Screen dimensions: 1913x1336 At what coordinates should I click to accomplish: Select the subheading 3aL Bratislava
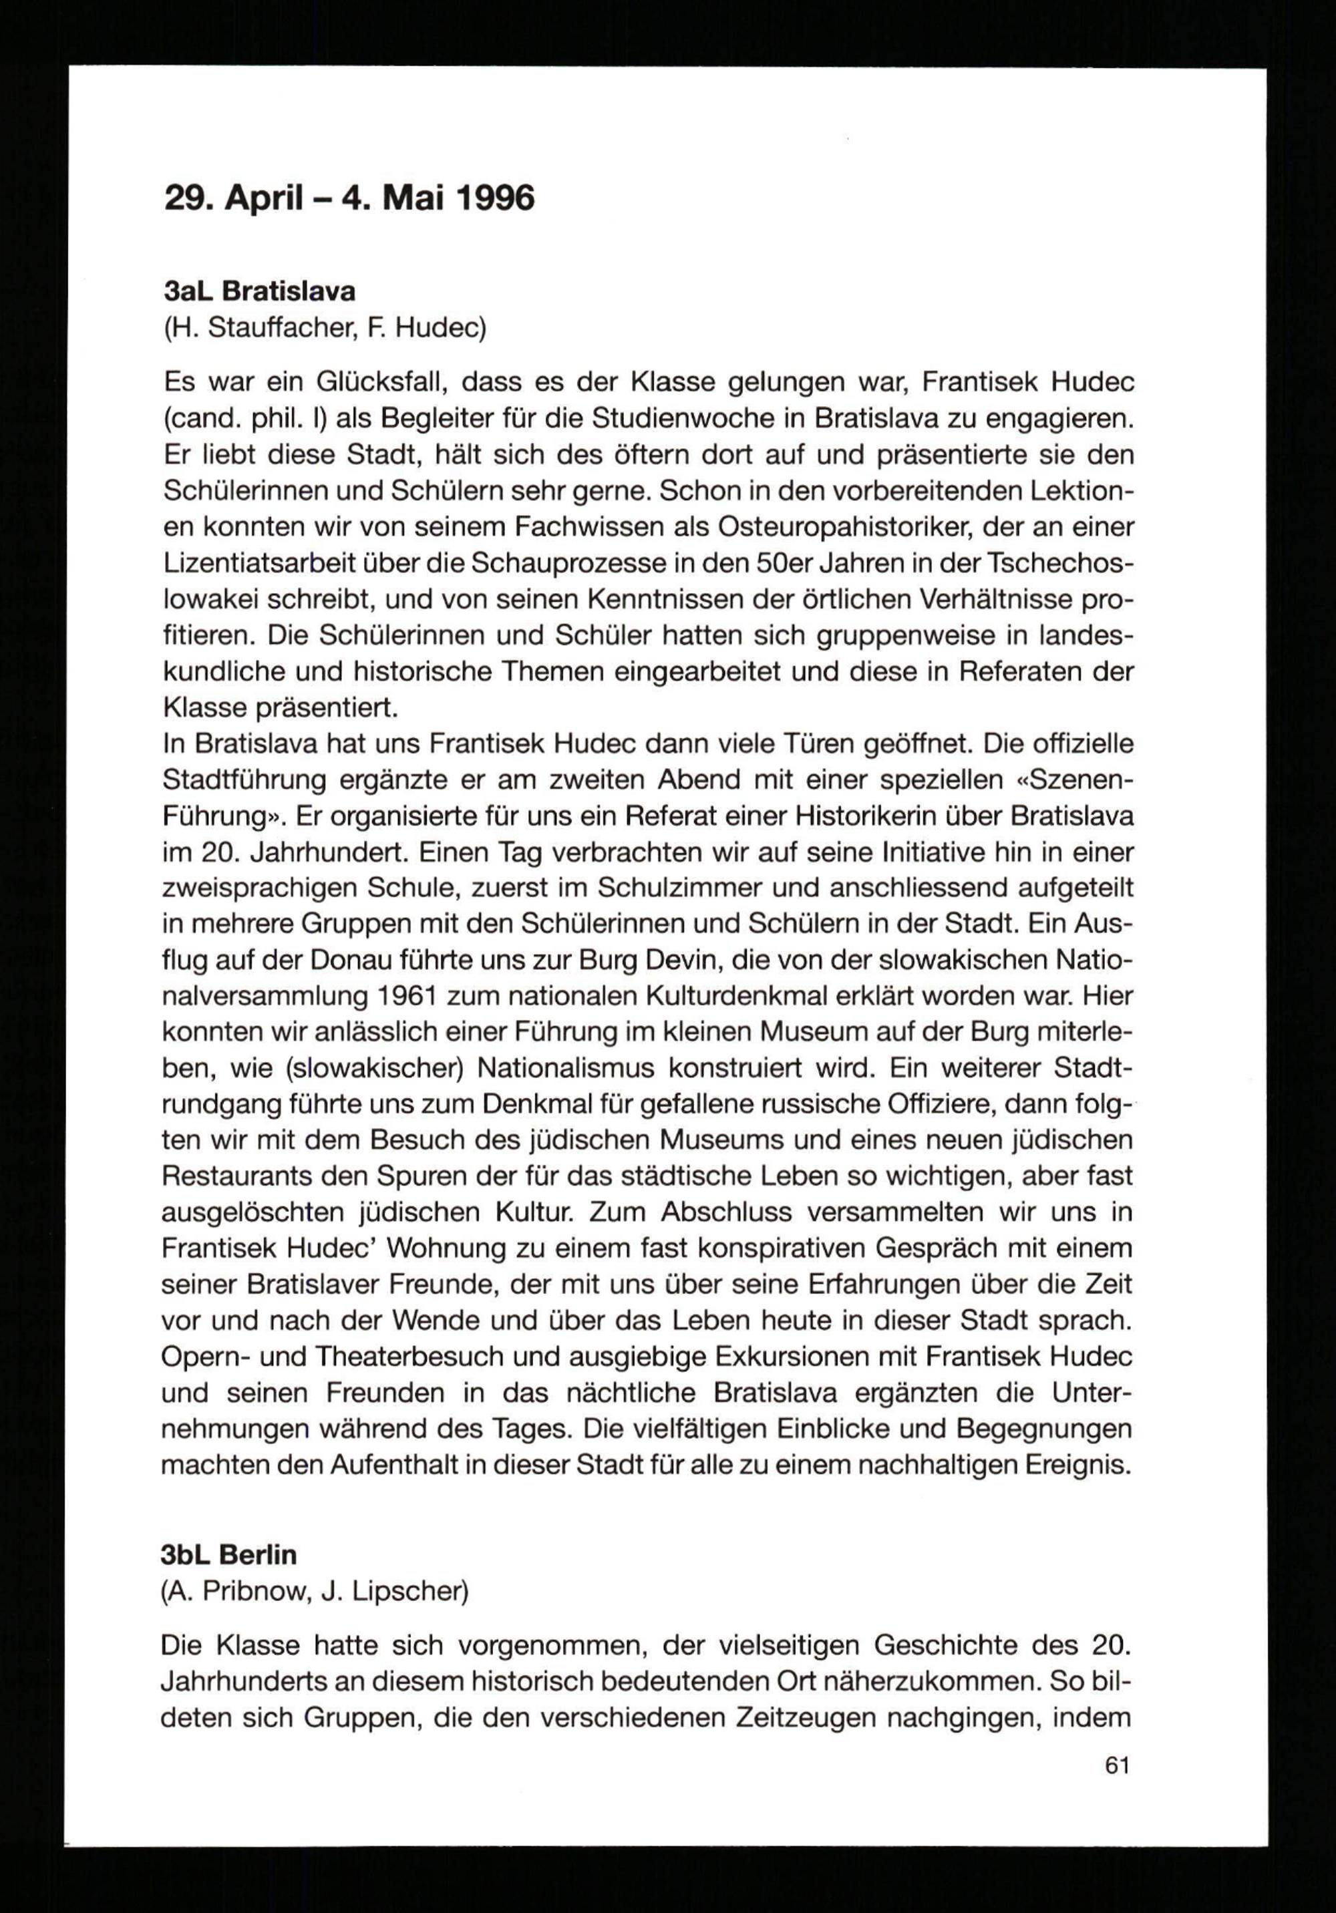259,292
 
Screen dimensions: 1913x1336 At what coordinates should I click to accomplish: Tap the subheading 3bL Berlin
229,1556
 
